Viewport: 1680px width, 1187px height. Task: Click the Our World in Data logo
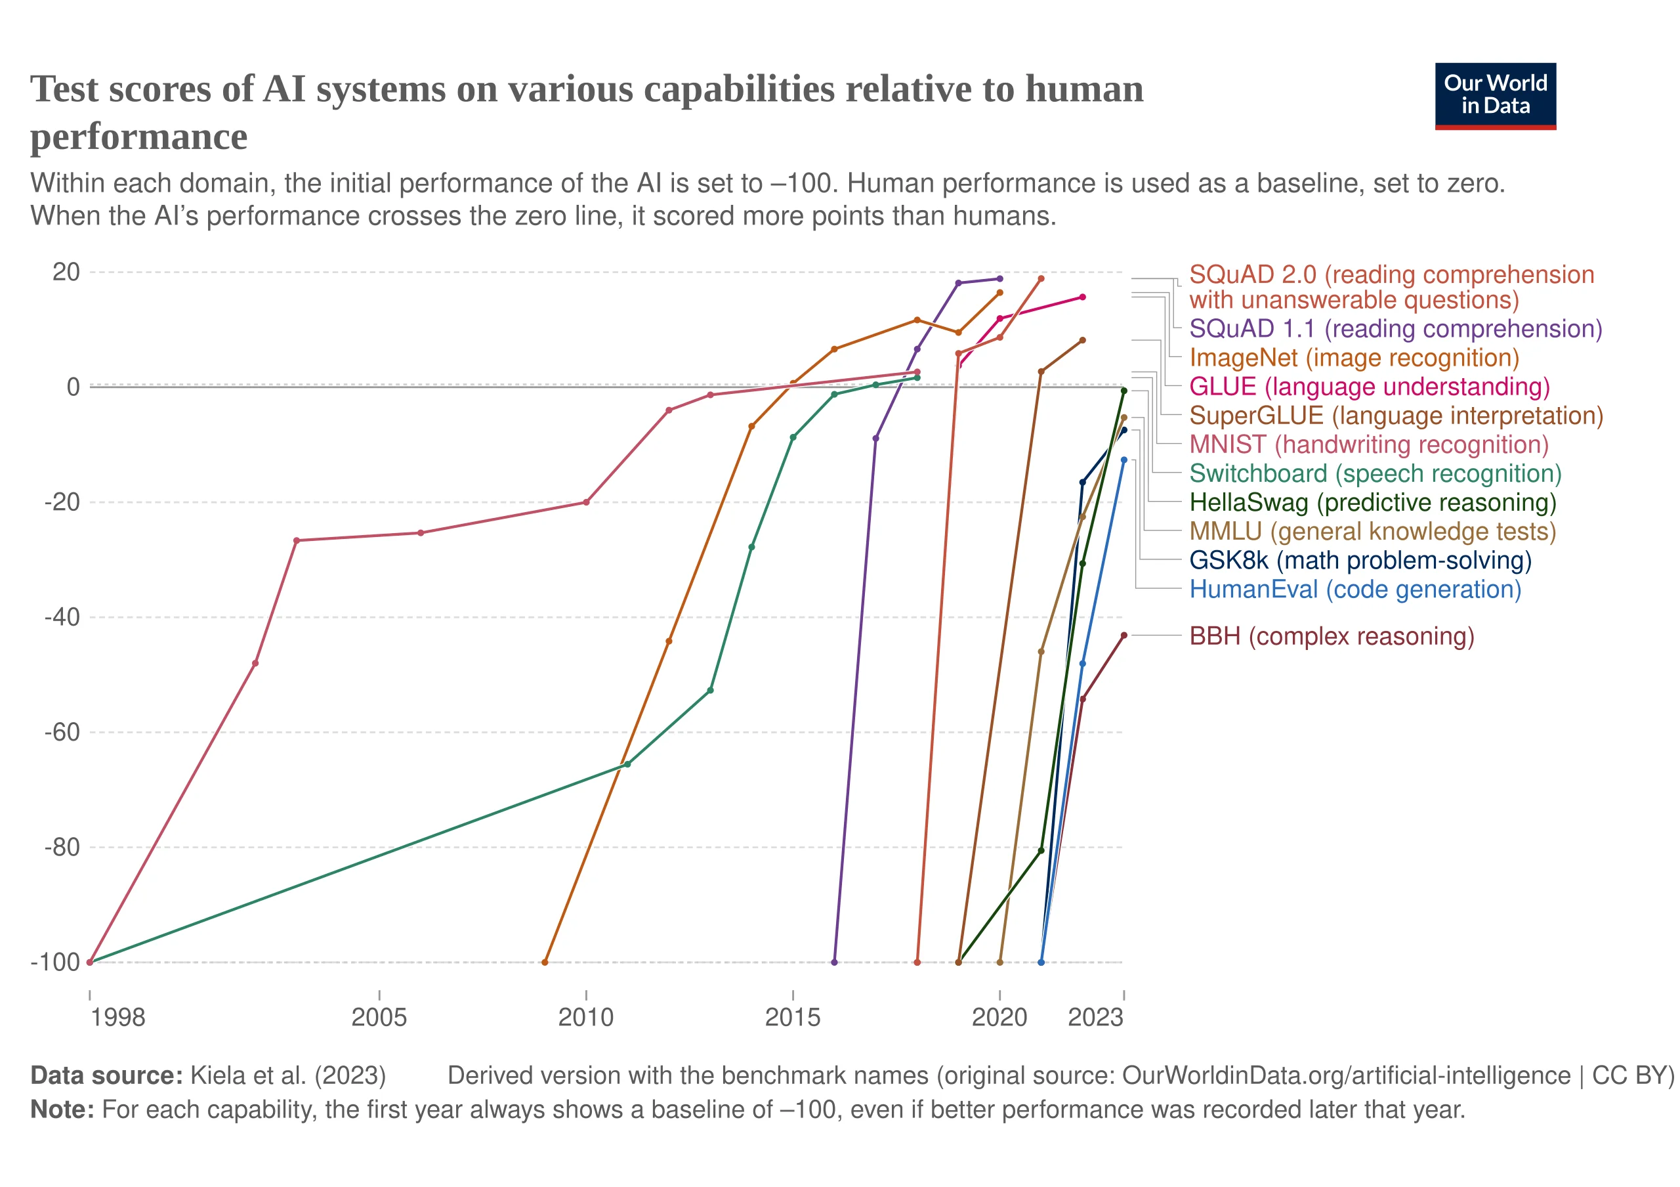1495,96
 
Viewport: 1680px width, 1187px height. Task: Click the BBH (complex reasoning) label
1331,636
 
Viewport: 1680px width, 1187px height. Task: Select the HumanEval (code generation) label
1354,589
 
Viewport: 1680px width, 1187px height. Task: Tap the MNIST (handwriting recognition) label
1368,444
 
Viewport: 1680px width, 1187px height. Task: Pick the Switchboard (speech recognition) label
1375,473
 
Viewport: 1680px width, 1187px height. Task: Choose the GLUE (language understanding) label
1369,387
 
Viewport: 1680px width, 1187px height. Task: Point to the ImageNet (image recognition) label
1354,358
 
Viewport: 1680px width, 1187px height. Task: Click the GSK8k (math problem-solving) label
1360,561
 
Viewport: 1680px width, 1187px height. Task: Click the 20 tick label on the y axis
66,272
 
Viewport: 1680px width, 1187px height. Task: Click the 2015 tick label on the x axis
793,1016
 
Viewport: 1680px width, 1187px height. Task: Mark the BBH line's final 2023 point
1124,636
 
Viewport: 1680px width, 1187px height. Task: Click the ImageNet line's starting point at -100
545,962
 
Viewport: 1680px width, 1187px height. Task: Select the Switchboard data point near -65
627,764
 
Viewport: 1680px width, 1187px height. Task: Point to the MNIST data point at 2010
586,502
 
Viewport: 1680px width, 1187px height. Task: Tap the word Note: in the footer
62,1110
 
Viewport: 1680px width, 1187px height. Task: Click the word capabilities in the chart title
739,89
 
